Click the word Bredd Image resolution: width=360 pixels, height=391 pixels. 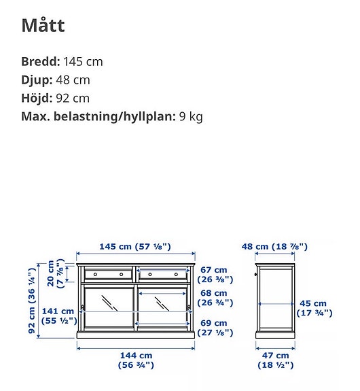click(40, 61)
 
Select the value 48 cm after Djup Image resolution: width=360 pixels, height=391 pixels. click(73, 80)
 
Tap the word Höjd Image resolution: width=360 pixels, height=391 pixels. click(37, 98)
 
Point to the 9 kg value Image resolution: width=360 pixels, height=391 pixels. click(190, 116)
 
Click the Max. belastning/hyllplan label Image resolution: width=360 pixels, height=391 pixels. click(98, 116)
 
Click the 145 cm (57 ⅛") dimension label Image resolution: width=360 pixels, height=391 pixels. click(134, 246)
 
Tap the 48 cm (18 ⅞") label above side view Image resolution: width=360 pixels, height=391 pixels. click(275, 246)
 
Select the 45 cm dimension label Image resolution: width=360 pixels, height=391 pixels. click(313, 308)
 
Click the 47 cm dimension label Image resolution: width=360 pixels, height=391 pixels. click(275, 360)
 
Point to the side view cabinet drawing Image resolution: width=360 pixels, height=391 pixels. click(275, 299)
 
